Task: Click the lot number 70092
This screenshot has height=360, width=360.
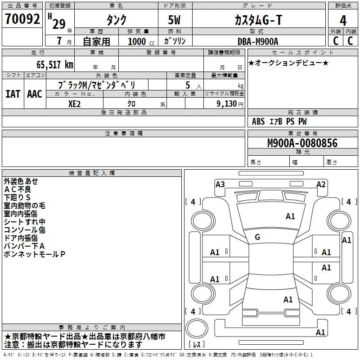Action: pyautogui.click(x=22, y=19)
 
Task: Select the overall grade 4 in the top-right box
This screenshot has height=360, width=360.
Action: pyautogui.click(x=343, y=21)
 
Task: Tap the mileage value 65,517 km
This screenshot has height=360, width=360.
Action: pyautogui.click(x=55, y=65)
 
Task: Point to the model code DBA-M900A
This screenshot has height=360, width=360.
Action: pyautogui.click(x=258, y=41)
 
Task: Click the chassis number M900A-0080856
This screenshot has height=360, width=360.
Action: pyautogui.click(x=302, y=143)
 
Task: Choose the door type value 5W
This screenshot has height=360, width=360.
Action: pyautogui.click(x=174, y=20)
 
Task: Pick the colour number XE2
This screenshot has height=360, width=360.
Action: pyautogui.click(x=74, y=104)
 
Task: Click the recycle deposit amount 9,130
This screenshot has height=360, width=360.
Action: pyautogui.click(x=227, y=104)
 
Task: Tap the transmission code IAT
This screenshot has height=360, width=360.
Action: pyautogui.click(x=13, y=94)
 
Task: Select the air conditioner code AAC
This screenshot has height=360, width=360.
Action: pyautogui.click(x=35, y=94)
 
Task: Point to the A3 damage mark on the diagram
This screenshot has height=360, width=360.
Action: pyautogui.click(x=220, y=184)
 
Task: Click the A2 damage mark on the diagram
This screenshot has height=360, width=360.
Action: pyautogui.click(x=321, y=184)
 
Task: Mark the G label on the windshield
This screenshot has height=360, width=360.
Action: pyautogui.click(x=257, y=237)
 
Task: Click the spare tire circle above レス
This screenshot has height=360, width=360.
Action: pyautogui.click(x=197, y=328)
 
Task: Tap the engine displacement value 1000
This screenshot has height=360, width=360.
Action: pyautogui.click(x=137, y=41)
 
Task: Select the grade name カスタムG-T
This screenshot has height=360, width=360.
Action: pyautogui.click(x=258, y=20)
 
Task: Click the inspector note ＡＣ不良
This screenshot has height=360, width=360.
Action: pyautogui.click(x=17, y=189)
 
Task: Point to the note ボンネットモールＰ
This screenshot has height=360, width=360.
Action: pyautogui.click(x=35, y=254)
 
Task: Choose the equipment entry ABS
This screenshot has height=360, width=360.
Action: pyautogui.click(x=258, y=121)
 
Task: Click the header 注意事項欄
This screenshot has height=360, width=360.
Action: pyautogui.click(x=124, y=133)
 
